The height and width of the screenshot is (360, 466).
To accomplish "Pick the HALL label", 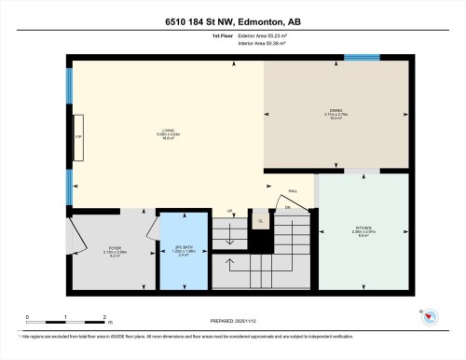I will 293,190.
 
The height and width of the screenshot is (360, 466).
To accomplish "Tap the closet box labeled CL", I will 260,221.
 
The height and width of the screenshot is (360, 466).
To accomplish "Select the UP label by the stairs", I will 230,211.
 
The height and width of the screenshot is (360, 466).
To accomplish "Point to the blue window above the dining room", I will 362,58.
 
